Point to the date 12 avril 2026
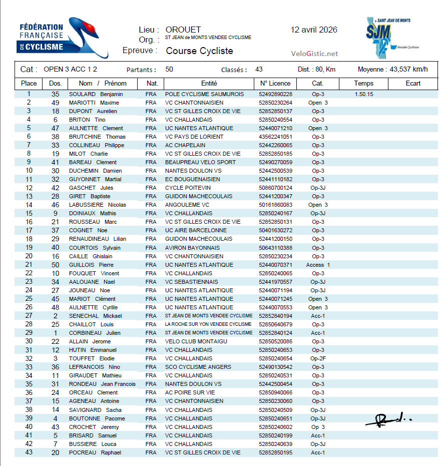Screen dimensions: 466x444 click(314, 30)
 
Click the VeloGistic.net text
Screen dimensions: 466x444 click(314, 54)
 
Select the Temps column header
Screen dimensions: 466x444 click(363, 84)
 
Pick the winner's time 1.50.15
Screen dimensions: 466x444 click(364, 94)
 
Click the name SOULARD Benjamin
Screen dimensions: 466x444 click(96, 94)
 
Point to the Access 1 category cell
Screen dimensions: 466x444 click(318, 265)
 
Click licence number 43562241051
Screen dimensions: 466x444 click(275, 137)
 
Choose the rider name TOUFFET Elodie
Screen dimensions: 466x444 click(92, 358)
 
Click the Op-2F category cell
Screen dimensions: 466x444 click(318, 358)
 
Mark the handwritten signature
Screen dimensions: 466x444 click(388, 420)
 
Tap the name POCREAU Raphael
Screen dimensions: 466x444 click(95, 452)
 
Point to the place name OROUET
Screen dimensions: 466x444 click(183, 30)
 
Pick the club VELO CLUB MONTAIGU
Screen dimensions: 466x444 click(196, 341)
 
